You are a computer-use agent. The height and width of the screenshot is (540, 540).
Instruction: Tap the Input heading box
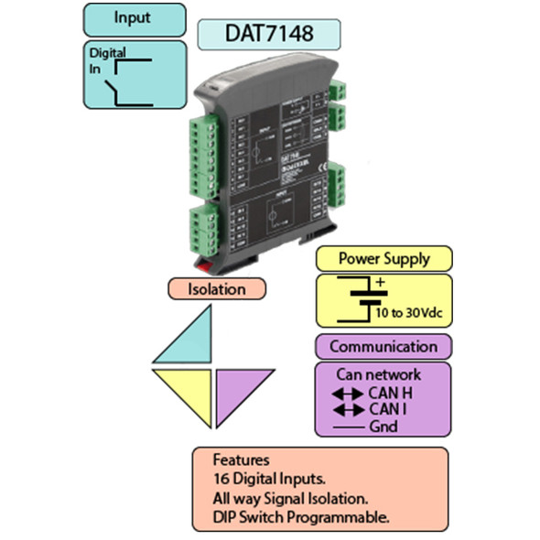pos(133,17)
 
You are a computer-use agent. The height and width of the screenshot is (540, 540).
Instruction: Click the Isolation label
pos(217,289)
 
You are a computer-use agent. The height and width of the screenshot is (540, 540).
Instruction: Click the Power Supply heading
pos(383,257)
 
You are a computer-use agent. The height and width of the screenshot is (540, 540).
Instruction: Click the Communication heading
pos(383,347)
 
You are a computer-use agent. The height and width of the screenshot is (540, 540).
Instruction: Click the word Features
pos(243,460)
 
